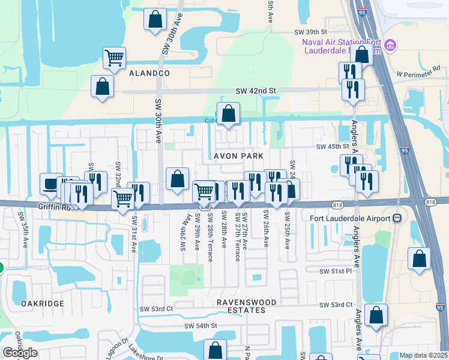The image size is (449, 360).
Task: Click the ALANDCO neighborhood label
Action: pyautogui.click(x=149, y=73)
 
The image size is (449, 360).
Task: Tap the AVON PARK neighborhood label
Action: pyautogui.click(x=239, y=155)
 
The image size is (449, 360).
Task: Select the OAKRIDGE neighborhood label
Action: pyautogui.click(x=42, y=304)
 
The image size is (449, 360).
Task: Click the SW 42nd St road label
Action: pyautogui.click(x=256, y=91)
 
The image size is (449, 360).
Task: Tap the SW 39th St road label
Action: pyautogui.click(x=310, y=32)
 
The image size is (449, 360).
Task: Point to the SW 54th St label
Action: pyautogui.click(x=200, y=326)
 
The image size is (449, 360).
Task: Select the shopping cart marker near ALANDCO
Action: pyautogui.click(x=114, y=58)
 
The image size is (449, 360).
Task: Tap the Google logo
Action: pyautogui.click(x=20, y=353)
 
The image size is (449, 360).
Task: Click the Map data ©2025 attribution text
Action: pyautogui.click(x=423, y=355)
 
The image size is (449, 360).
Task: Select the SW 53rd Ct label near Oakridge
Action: pyautogui.click(x=161, y=308)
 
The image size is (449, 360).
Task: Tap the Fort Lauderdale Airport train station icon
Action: pyautogui.click(x=397, y=218)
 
